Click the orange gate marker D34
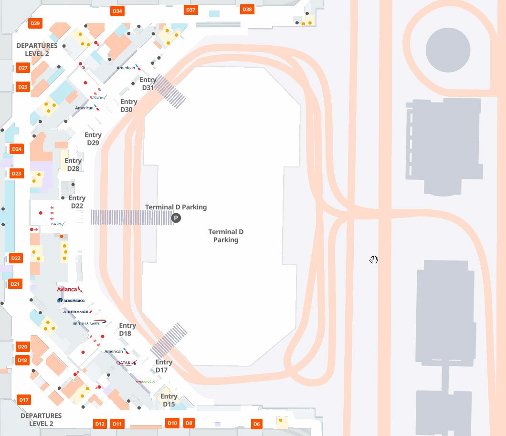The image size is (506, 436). (117, 11)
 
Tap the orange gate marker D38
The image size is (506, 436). (247, 10)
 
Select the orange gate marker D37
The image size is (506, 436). (190, 10)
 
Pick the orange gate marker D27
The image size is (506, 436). (23, 68)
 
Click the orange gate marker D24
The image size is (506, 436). (17, 149)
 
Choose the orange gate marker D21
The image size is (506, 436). (15, 284)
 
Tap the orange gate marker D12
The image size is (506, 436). (100, 424)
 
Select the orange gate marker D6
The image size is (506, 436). (257, 424)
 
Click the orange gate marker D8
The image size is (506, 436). (189, 423)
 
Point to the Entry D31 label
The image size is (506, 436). (148, 84)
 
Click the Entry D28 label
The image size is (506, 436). (73, 165)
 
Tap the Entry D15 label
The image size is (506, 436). (169, 400)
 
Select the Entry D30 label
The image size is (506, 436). (128, 105)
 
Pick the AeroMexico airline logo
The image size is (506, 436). (71, 301)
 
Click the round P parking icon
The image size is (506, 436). (176, 218)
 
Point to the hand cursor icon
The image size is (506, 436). (374, 260)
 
